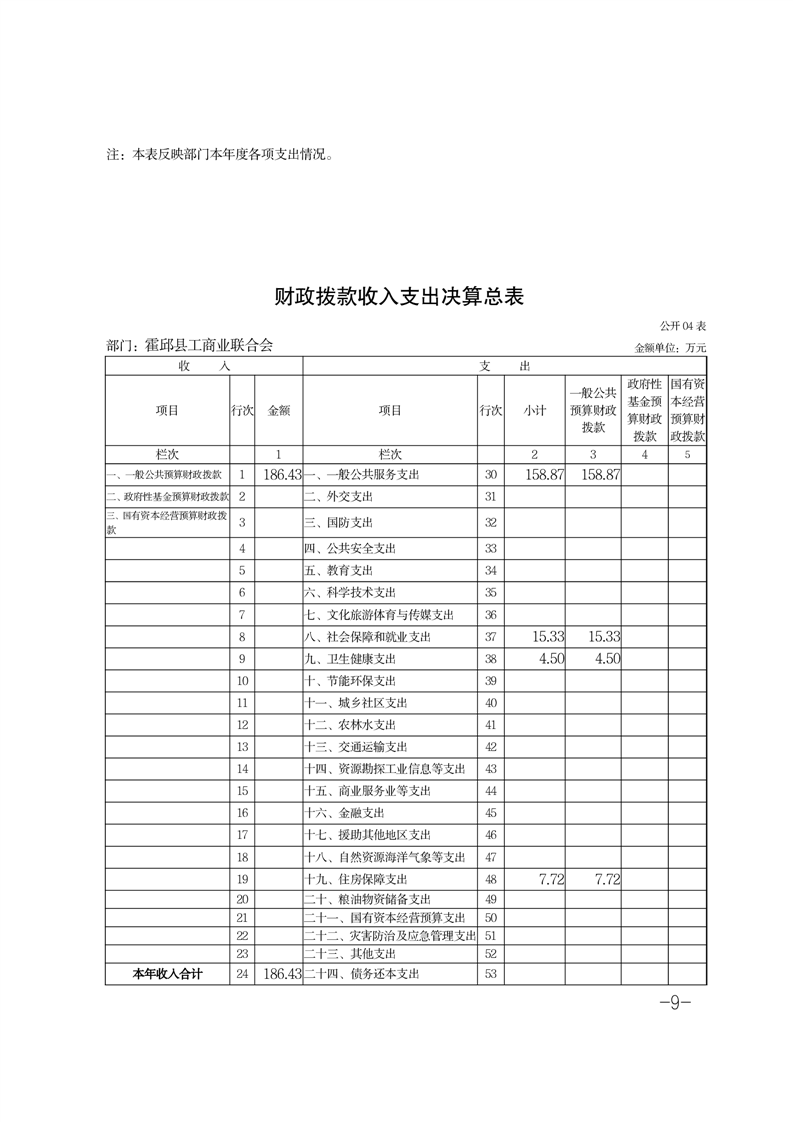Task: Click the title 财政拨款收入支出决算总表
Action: click(x=399, y=297)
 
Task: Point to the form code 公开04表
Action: click(x=683, y=327)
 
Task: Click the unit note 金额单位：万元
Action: click(x=670, y=348)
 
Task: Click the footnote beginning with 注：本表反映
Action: click(x=219, y=156)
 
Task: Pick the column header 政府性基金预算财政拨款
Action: click(x=645, y=410)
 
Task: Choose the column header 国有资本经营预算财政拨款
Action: click(x=687, y=410)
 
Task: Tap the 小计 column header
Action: click(x=535, y=410)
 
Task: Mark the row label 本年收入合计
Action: click(x=167, y=973)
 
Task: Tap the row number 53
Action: click(x=490, y=973)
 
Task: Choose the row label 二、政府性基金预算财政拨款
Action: click(x=167, y=497)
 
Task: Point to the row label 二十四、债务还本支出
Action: click(x=361, y=973)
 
